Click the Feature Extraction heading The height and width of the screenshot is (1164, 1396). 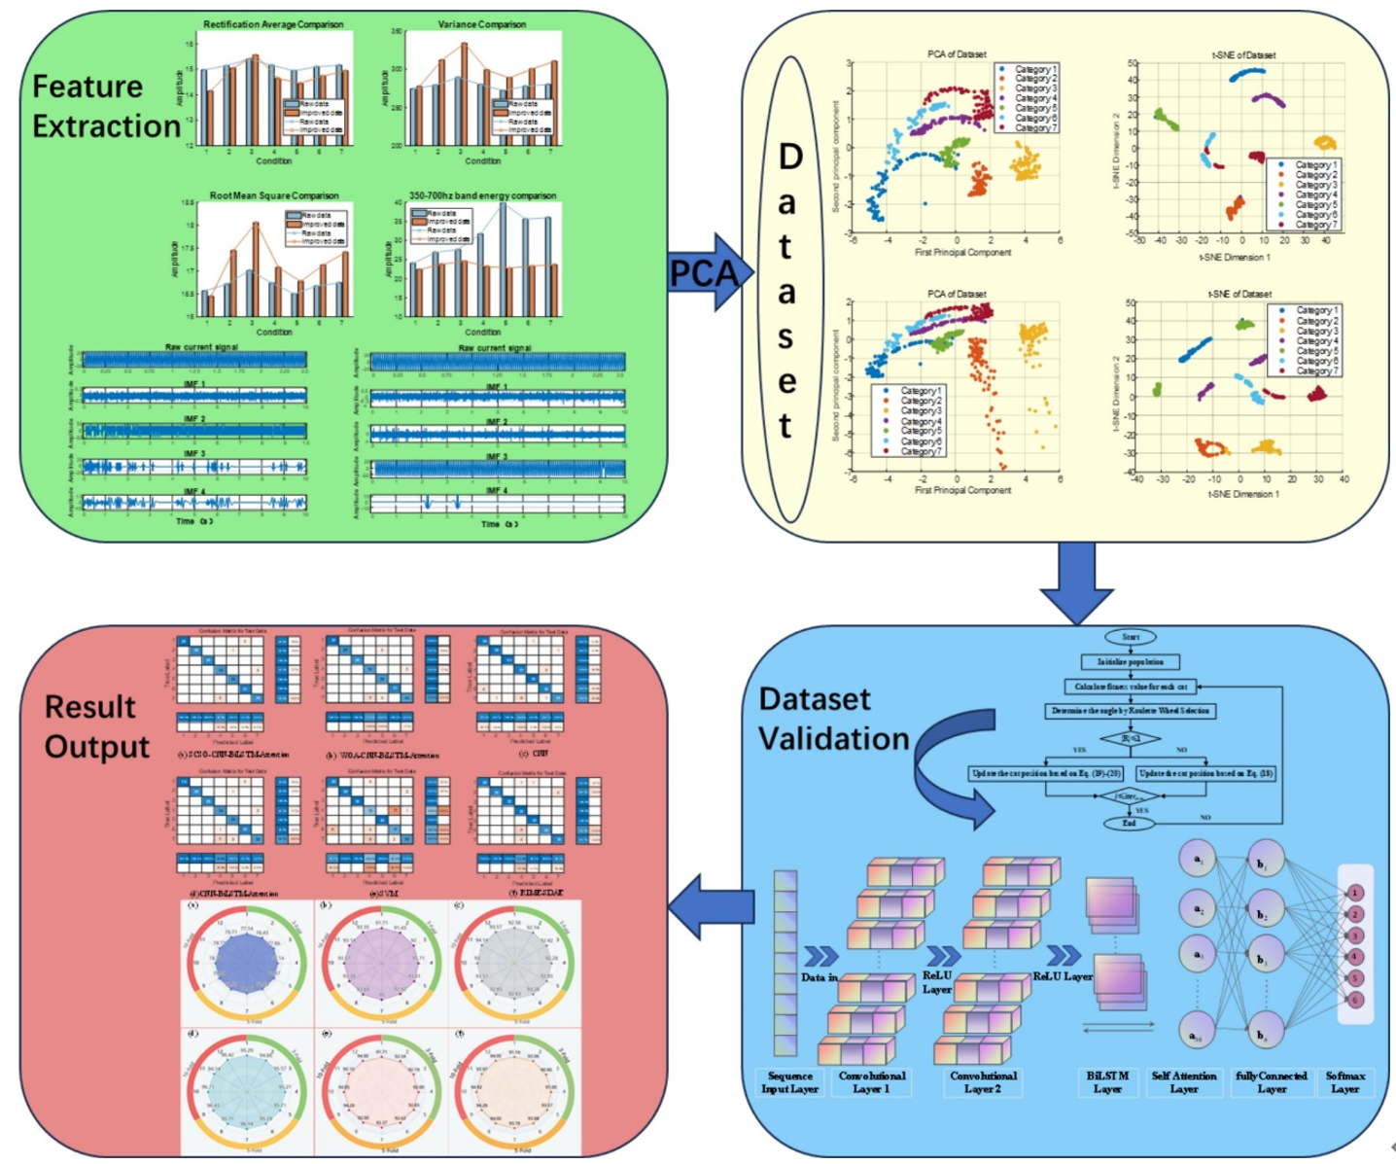105,106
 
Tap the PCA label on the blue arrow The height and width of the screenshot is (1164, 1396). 703,273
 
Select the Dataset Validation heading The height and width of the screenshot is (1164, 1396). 833,719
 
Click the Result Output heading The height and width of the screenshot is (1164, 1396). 96,726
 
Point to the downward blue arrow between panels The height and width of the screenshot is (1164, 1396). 1075,582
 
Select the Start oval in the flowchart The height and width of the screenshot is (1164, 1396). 1130,637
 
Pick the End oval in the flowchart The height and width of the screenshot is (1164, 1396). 1129,823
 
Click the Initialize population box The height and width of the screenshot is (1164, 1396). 1130,661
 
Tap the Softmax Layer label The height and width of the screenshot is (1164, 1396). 1344,1082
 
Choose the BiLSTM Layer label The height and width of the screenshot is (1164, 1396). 1107,1082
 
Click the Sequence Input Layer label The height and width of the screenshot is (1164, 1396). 789,1082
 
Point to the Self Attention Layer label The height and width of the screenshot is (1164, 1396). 1183,1082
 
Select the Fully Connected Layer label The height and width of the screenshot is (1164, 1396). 1271,1082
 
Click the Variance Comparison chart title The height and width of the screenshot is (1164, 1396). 481,24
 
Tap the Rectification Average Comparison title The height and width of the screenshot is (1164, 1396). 273,24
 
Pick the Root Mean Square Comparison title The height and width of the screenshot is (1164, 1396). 274,195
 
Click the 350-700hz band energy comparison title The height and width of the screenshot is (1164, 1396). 482,195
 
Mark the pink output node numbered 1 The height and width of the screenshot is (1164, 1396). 1354,893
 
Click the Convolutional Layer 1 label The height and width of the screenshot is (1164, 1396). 871,1082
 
